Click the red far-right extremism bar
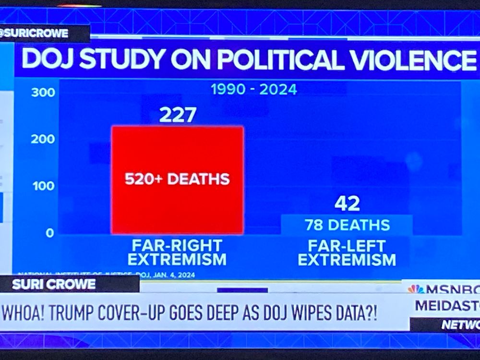point(178,154)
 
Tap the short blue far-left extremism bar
point(347,225)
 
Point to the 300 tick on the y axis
point(43,93)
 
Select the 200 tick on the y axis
point(43,140)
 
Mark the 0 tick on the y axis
point(50,233)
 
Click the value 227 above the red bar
point(178,115)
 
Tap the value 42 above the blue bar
point(347,204)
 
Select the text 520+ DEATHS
point(177,180)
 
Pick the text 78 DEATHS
point(347,225)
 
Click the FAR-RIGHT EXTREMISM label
point(177,252)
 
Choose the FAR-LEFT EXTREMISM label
point(347,253)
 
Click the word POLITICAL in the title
point(267,60)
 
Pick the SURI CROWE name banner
point(54,284)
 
